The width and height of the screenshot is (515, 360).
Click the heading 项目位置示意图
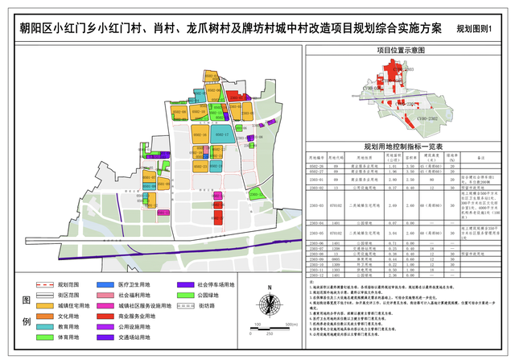(401, 50)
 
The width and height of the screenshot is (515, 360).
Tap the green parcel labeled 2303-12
(255, 193)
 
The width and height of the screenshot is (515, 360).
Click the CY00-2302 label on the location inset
(426, 118)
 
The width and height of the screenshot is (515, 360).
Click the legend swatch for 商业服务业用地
(105, 318)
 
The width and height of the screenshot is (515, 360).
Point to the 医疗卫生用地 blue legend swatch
(105, 285)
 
